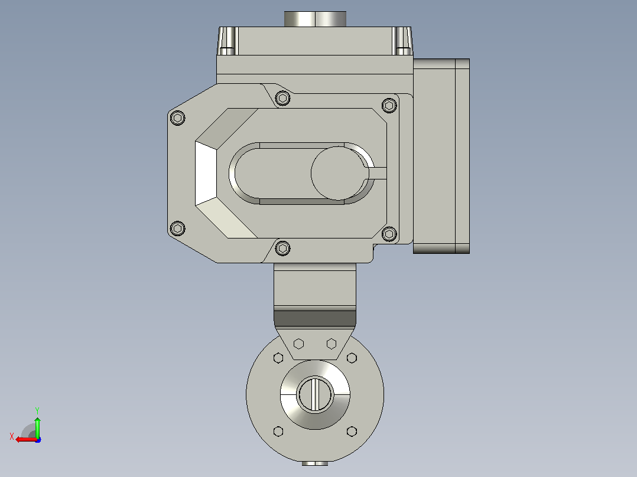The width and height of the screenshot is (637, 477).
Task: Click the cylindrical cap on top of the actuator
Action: pos(315,19)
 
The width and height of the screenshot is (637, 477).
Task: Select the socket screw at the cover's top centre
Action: pos(282,98)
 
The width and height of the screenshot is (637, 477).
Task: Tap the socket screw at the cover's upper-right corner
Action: pos(389,106)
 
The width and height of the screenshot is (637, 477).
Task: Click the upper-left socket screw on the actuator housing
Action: pos(177,118)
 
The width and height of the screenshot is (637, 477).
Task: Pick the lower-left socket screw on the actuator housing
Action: pos(177,228)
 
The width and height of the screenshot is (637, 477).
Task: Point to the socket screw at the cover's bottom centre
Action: pos(282,248)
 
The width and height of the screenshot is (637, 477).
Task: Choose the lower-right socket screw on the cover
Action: pos(389,233)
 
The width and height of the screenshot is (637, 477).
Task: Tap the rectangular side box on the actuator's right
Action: pos(441,156)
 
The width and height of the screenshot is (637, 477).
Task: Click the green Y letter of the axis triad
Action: pos(37,410)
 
